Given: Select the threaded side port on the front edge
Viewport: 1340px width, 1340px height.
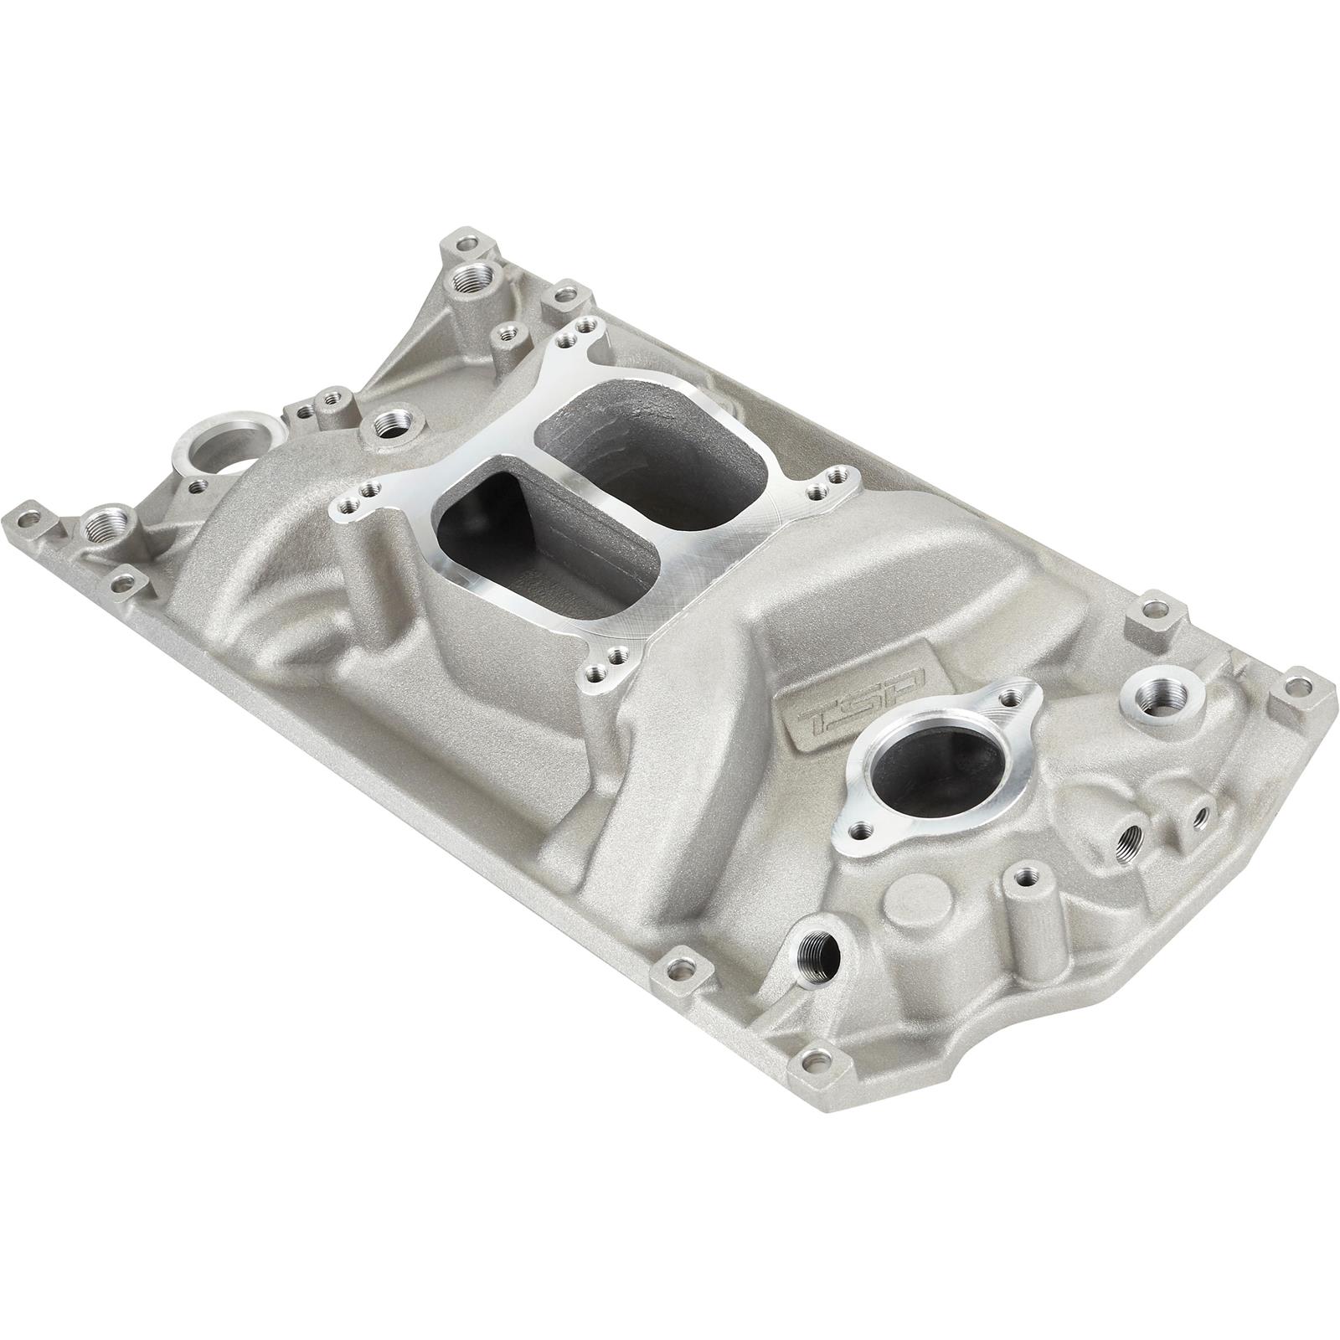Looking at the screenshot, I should coord(819,953).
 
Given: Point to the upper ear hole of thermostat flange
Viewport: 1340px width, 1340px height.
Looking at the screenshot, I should coord(1015,695).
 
